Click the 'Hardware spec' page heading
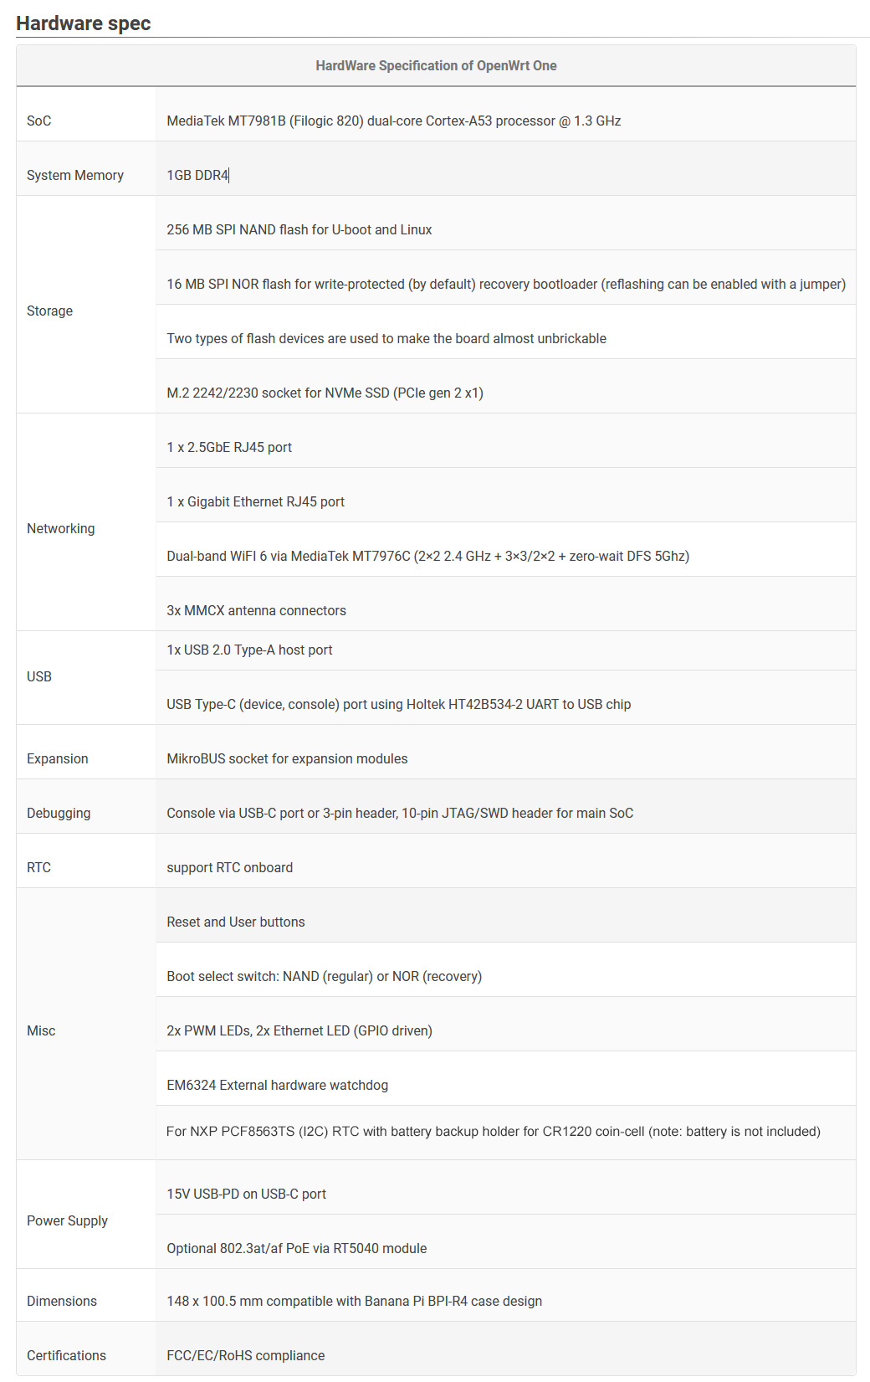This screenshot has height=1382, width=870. [83, 23]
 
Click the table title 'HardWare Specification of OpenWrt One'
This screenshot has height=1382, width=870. [436, 65]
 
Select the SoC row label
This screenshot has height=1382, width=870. [38, 121]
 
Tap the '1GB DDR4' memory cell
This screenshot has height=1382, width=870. [197, 175]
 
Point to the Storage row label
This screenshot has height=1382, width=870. [49, 311]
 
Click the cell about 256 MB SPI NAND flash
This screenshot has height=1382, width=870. [299, 229]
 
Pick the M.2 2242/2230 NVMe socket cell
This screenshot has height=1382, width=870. [325, 393]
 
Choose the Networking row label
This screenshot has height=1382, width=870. [60, 528]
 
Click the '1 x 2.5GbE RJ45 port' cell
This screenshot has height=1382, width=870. [229, 447]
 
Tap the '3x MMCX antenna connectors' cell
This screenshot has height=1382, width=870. [256, 610]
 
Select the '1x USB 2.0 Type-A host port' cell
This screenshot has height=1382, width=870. [249, 650]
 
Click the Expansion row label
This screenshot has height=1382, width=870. [57, 758]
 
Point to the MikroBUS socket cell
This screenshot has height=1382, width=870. [287, 758]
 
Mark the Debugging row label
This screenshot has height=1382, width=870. [59, 813]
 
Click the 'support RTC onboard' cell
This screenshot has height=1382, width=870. [229, 867]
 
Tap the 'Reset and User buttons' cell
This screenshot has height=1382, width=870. [235, 922]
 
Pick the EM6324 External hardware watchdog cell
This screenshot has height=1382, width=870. [277, 1085]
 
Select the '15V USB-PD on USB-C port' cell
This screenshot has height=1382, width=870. [246, 1194]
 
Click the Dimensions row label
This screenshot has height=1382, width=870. [61, 1301]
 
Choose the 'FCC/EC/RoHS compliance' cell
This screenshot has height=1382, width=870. [245, 1355]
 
